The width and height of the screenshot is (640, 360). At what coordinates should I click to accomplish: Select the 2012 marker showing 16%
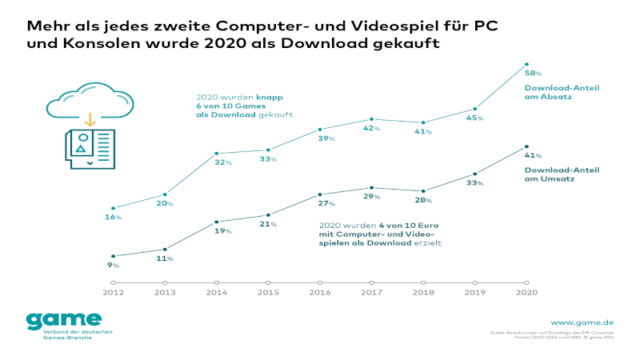(x=114, y=208)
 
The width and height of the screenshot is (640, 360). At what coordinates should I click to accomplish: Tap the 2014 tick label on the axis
(x=216, y=294)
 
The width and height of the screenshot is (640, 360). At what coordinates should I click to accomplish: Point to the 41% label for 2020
(x=533, y=156)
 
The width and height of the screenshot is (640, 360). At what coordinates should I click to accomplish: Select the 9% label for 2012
(x=114, y=265)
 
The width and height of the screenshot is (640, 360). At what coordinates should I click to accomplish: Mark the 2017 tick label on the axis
(x=371, y=294)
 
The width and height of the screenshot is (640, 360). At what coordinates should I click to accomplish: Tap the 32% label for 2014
(x=223, y=163)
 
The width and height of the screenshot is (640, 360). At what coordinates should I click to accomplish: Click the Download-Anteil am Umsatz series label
(x=561, y=174)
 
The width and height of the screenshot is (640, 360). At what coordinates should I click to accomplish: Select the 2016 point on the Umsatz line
(x=320, y=194)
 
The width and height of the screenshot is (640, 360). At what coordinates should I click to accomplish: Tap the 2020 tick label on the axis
(x=526, y=294)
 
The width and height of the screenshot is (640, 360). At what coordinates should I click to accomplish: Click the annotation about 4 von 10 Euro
(x=380, y=234)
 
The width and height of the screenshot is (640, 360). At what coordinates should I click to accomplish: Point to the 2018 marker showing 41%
(x=423, y=122)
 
